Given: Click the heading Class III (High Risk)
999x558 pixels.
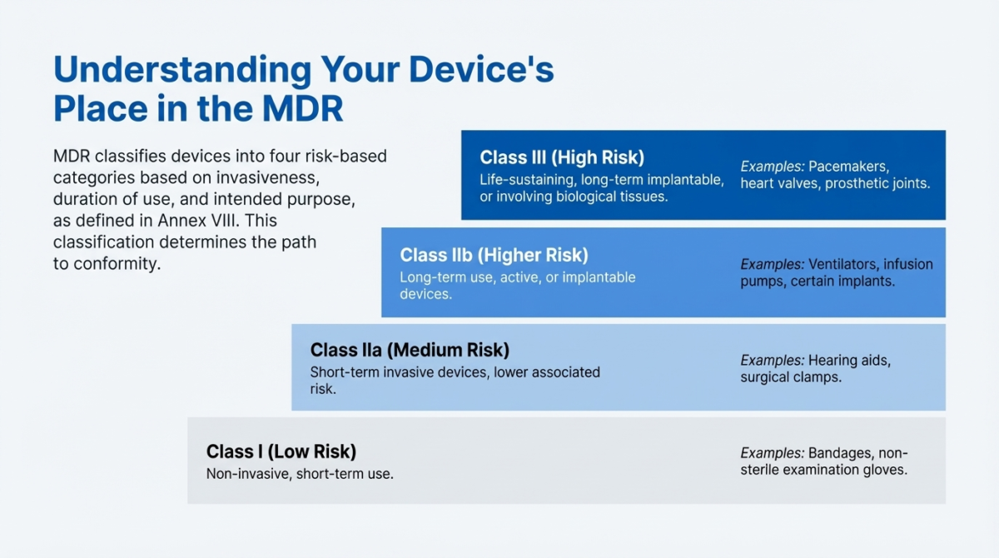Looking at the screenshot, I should pos(562,157).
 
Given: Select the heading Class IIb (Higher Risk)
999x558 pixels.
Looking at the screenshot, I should pos(494,255).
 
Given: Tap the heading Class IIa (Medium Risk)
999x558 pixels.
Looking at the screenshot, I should pos(410,350).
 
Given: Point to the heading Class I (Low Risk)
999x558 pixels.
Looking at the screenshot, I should pos(281,451).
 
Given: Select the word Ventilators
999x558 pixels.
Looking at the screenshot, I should pos(843,264).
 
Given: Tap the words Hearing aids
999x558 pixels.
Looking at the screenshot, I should pos(849,360).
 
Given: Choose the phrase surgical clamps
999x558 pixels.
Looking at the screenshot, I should pos(791,377).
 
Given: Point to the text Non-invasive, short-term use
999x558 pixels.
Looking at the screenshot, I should pos(300,474).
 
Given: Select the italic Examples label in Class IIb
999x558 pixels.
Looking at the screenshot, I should pos(772,264).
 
